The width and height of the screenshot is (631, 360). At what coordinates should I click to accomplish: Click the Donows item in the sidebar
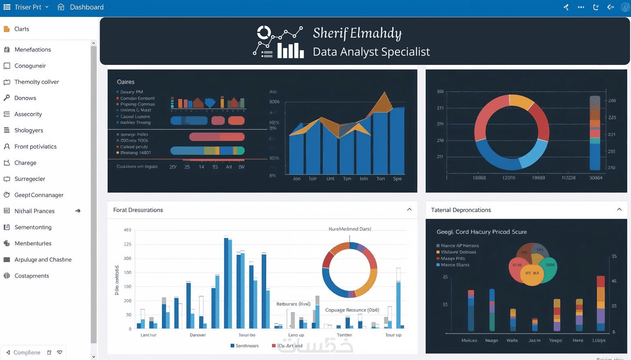(x=25, y=98)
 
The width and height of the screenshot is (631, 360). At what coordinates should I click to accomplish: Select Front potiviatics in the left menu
(x=35, y=147)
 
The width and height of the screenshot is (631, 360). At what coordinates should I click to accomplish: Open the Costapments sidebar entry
(x=32, y=276)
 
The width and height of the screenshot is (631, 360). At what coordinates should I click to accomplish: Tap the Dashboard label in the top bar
(x=86, y=7)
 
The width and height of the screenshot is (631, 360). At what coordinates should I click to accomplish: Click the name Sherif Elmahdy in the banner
(x=357, y=33)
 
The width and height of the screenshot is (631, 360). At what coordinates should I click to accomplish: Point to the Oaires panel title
(x=125, y=82)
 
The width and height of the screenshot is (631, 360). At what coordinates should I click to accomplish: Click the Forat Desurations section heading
(x=138, y=210)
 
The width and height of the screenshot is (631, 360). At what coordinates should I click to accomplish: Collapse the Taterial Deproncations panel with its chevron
(x=619, y=210)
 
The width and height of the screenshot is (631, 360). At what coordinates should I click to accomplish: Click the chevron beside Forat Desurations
(x=409, y=210)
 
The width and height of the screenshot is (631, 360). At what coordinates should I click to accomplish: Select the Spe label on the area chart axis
(x=397, y=179)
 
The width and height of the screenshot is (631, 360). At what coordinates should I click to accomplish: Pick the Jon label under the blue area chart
(x=297, y=179)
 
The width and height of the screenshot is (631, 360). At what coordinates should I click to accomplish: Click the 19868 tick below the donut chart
(x=479, y=178)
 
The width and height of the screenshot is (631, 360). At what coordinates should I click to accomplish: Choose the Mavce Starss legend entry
(x=455, y=265)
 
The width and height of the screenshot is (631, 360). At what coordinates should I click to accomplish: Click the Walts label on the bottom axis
(x=512, y=340)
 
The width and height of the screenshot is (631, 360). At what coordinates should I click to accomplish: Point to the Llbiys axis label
(x=599, y=340)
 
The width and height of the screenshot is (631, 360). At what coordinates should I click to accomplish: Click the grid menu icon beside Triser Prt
(x=7, y=7)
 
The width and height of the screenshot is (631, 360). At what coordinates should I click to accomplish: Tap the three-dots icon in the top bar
(x=581, y=7)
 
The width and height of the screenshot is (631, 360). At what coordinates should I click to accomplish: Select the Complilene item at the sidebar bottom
(x=26, y=352)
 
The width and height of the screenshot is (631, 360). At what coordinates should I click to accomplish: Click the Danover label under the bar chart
(x=197, y=335)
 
